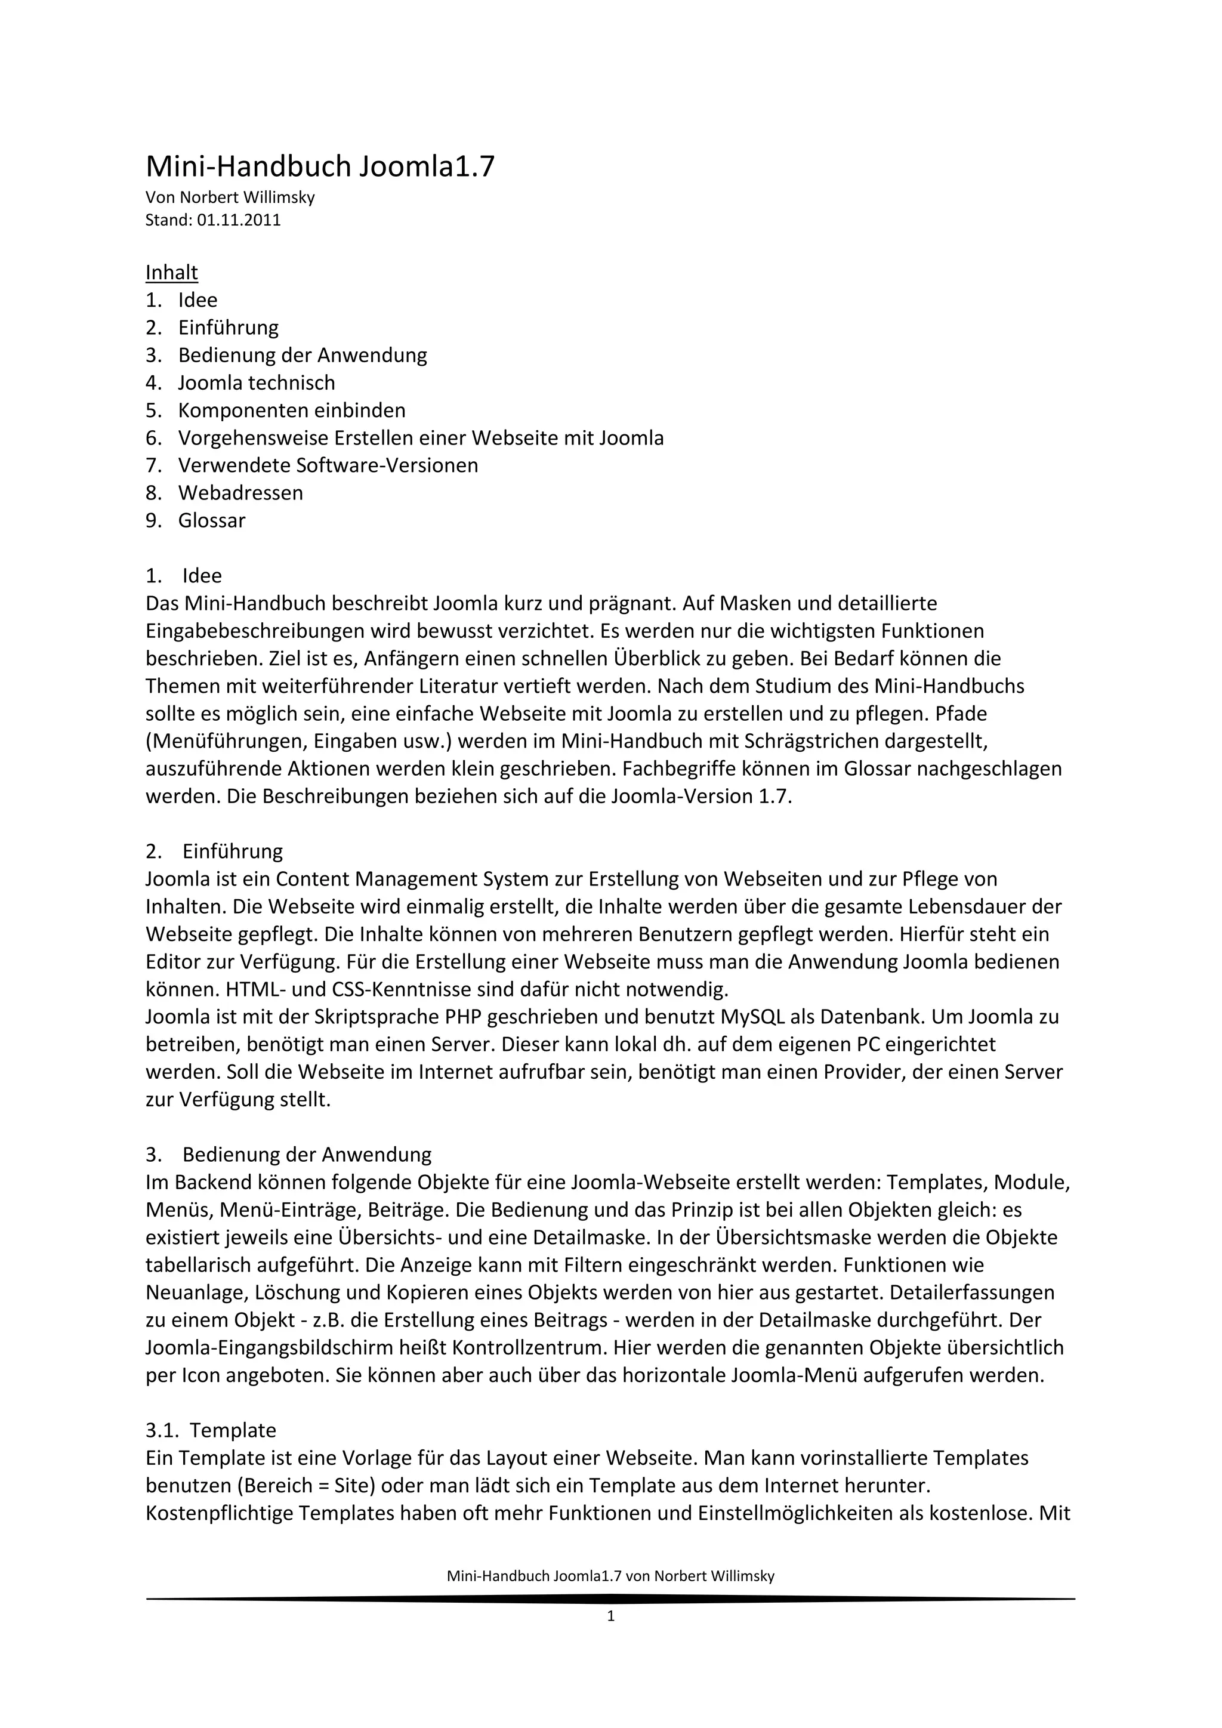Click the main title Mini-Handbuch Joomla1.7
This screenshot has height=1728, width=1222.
[x=320, y=166]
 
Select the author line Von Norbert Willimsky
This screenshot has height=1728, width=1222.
[x=230, y=198]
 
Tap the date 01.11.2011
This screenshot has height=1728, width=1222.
[x=239, y=221]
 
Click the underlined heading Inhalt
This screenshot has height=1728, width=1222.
[x=172, y=273]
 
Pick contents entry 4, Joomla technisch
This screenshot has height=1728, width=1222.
[x=256, y=383]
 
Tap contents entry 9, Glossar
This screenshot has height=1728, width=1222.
[x=211, y=521]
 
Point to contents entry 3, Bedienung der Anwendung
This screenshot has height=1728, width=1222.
[x=302, y=355]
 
